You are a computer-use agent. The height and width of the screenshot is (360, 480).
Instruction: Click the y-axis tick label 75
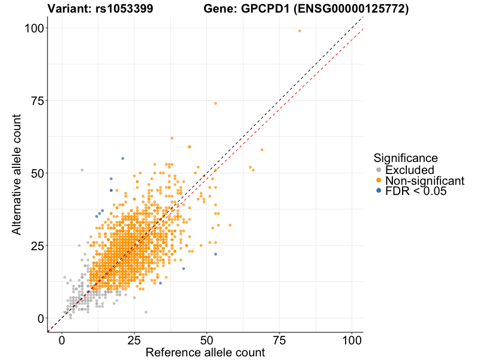tap(37, 100)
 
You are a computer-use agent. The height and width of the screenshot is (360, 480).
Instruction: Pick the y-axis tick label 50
tap(37, 173)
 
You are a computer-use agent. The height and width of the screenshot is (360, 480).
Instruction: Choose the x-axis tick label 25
tap(134, 340)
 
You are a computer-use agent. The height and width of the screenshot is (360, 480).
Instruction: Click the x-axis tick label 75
tap(280, 340)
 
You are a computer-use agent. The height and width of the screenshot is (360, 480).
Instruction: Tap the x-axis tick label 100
tap(352, 340)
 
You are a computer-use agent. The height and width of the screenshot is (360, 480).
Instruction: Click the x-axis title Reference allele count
tap(205, 353)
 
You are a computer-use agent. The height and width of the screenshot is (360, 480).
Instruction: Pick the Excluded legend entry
tap(409, 170)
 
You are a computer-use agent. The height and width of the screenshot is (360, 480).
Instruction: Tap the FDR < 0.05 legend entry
tap(416, 191)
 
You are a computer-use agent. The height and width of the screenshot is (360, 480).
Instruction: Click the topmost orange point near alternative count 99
tap(300, 31)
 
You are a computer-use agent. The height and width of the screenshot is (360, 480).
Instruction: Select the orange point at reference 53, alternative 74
tap(215, 103)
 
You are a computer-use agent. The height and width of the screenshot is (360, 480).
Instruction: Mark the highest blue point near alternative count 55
tap(123, 158)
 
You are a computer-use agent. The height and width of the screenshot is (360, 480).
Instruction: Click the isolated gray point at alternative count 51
tap(82, 170)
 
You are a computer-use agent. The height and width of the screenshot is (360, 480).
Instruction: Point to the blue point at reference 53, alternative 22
tap(215, 254)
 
